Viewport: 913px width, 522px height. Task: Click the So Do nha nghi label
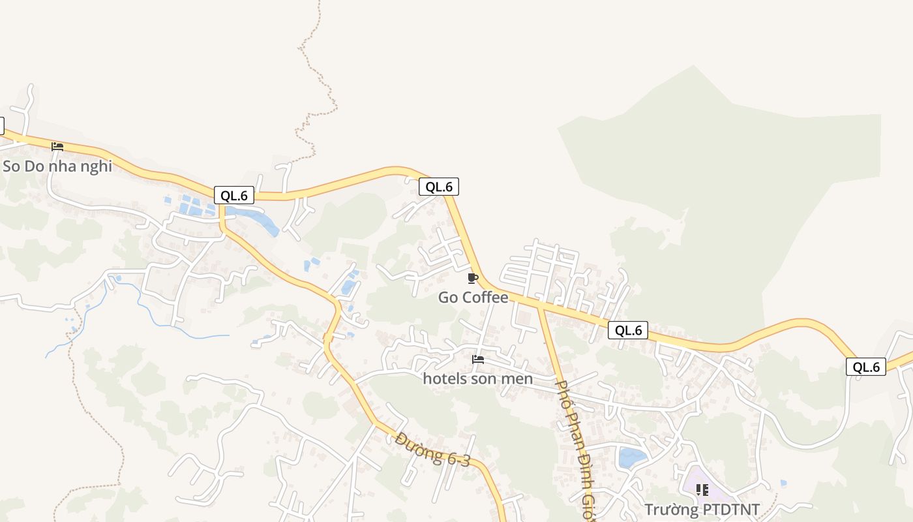point(57,166)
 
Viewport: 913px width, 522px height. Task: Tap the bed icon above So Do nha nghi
point(57,147)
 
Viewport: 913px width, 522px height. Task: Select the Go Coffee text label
point(473,298)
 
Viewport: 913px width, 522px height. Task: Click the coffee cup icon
point(473,279)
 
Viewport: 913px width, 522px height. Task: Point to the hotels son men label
point(477,378)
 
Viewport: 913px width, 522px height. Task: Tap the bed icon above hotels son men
point(478,360)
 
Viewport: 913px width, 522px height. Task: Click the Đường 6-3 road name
point(432,450)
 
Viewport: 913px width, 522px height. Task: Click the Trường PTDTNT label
point(702,509)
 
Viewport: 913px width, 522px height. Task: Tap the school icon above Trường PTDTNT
point(702,489)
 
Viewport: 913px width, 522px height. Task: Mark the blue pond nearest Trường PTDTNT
point(631,457)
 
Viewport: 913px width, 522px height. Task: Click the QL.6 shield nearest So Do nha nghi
point(233,195)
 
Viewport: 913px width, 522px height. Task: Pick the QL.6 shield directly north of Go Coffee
point(439,187)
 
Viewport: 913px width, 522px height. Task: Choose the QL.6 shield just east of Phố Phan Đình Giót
point(629,330)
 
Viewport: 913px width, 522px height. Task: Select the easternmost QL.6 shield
point(867,367)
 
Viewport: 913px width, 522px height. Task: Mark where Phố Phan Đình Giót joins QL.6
point(539,305)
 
